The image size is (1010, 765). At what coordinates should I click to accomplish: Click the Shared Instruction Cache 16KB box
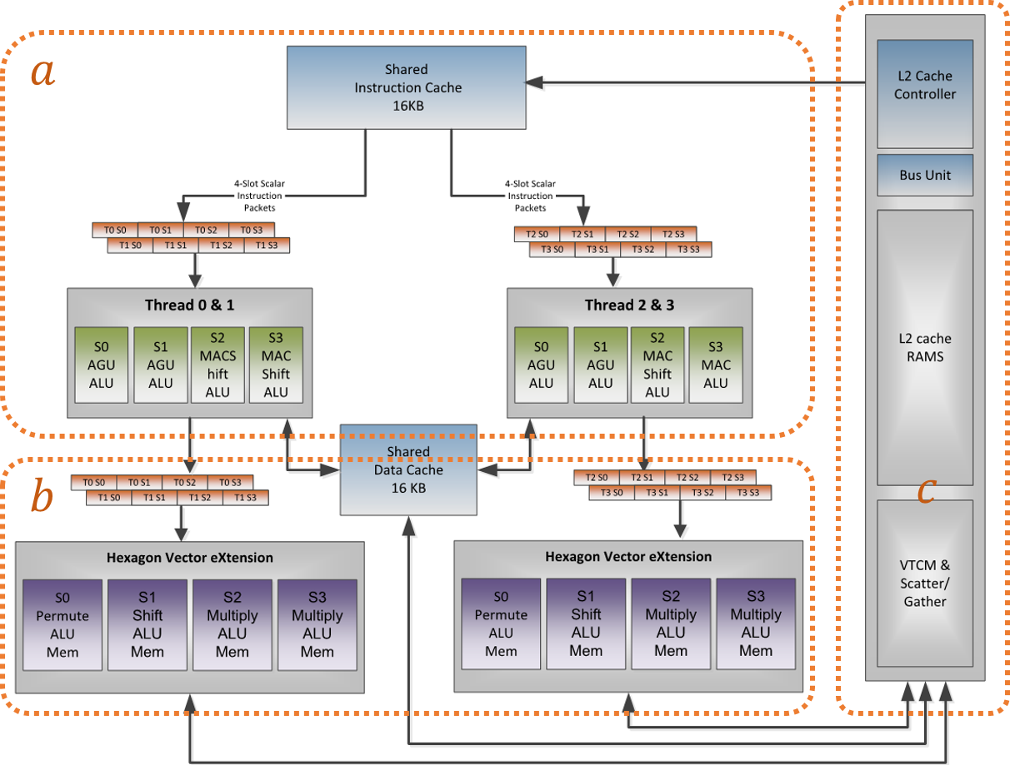point(407,87)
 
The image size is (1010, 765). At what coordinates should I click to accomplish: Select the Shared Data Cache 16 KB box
point(408,470)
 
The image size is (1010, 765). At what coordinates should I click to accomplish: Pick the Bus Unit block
point(925,176)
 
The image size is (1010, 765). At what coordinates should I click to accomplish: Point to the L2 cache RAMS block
point(925,347)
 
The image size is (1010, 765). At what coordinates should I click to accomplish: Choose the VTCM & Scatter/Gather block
point(925,583)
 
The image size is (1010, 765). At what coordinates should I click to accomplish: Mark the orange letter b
point(42,497)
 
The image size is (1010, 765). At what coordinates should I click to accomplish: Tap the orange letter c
point(925,491)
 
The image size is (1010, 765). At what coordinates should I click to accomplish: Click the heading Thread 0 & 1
point(189,305)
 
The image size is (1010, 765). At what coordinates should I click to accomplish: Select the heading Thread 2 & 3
point(629,305)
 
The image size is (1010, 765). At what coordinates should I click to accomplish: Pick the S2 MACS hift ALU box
point(217,365)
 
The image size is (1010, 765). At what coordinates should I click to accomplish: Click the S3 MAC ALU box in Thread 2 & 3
point(716,365)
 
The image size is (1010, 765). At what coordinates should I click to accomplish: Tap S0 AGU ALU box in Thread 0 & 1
point(101,365)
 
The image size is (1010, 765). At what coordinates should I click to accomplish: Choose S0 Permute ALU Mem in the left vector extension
point(62,624)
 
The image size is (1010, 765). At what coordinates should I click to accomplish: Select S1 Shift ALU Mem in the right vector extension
point(586,624)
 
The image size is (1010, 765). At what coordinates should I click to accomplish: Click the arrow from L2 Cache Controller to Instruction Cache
point(700,82)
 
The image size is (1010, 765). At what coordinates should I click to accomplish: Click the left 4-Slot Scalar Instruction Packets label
point(258,196)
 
